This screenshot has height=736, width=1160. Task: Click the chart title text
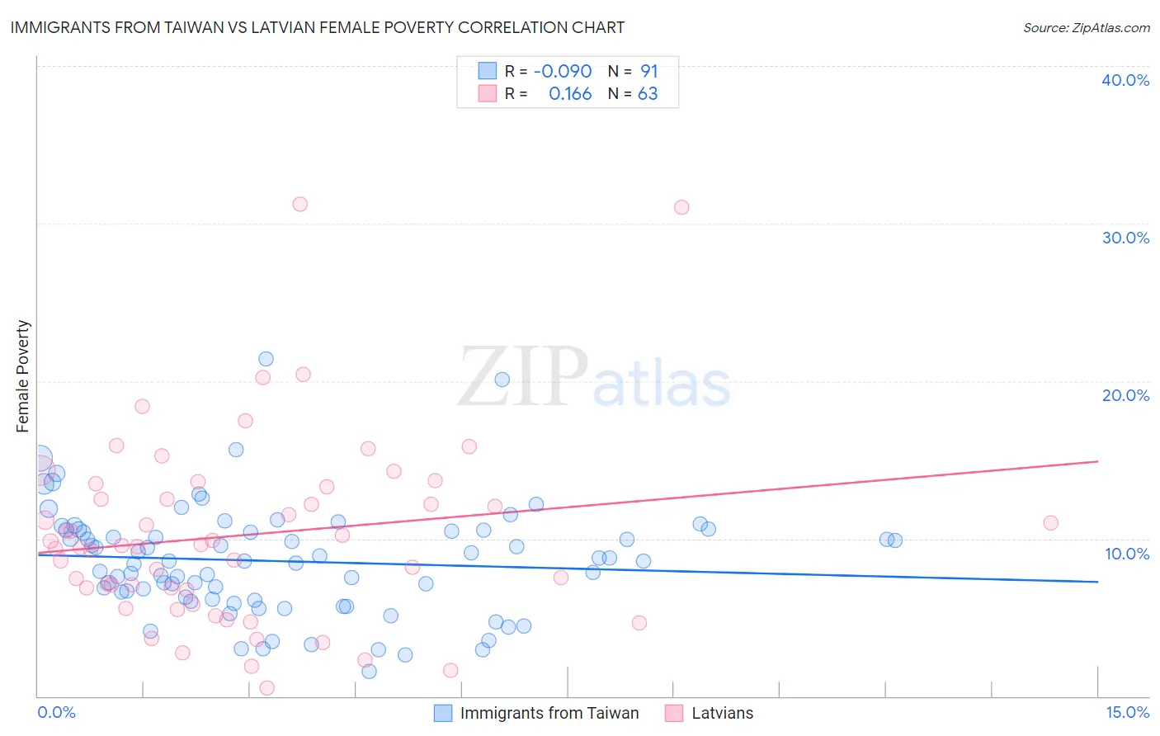click(x=317, y=27)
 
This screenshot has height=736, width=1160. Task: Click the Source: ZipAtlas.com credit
click(x=1086, y=27)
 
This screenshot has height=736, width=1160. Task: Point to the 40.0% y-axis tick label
click(x=1125, y=80)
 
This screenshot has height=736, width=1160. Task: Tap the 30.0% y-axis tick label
click(x=1125, y=238)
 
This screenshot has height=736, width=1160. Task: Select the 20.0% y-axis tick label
click(x=1125, y=395)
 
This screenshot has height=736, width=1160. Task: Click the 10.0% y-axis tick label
click(x=1127, y=553)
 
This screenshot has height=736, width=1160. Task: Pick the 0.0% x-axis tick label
click(x=56, y=712)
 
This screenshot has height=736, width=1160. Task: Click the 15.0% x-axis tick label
click(x=1127, y=712)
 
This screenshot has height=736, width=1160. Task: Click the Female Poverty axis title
click(x=23, y=376)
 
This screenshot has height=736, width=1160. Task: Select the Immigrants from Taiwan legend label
click(x=549, y=713)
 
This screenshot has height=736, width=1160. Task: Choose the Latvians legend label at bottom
click(x=722, y=713)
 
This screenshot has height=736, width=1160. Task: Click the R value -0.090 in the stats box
click(x=563, y=71)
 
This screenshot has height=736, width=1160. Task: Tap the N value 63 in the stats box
click(x=648, y=93)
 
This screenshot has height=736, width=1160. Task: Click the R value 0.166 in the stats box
click(x=570, y=93)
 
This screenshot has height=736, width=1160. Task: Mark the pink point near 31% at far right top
click(x=681, y=207)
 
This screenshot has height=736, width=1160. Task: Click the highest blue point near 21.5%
click(x=266, y=359)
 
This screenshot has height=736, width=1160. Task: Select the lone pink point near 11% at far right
click(x=1050, y=522)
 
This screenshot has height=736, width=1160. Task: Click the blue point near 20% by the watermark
click(x=502, y=380)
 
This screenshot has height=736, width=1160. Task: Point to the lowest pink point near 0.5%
click(x=266, y=687)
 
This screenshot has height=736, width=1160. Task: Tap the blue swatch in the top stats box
click(x=488, y=71)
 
